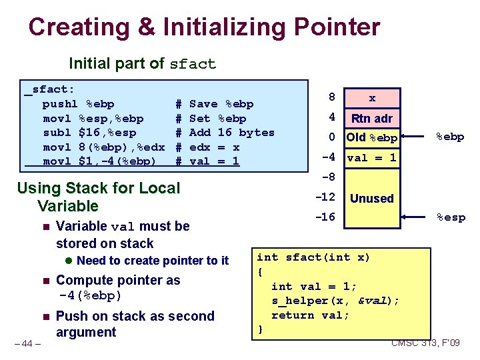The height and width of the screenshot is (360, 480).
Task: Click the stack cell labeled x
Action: coord(372,98)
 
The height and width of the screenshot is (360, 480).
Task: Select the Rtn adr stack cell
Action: coord(372,119)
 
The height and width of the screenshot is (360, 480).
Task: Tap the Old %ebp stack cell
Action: coord(372,138)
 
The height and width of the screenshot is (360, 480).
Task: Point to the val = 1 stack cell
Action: coord(372,158)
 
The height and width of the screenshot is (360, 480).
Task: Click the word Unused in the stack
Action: coord(372,198)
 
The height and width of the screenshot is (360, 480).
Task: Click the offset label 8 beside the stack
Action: coord(331,97)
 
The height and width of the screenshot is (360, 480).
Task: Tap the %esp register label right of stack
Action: coord(451,217)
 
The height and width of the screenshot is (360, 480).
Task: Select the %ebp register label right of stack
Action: coord(451,137)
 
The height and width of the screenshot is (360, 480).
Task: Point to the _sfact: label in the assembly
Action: coord(50,89)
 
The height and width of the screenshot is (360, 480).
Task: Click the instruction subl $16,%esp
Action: coord(89,133)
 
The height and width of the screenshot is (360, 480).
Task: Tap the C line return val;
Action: coord(310,315)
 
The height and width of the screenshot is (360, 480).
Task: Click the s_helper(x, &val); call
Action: coord(335,301)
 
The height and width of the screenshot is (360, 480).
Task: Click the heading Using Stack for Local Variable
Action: coord(98,197)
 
